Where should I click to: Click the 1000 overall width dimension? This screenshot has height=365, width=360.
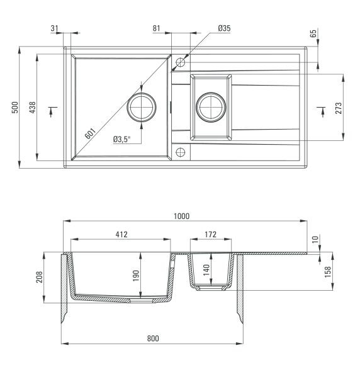(x=182, y=216)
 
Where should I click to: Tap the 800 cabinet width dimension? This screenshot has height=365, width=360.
(x=153, y=338)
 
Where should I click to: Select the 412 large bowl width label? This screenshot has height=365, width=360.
(x=121, y=234)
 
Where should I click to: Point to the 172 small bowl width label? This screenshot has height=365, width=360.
(x=210, y=234)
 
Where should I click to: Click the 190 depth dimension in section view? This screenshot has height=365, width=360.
(x=136, y=276)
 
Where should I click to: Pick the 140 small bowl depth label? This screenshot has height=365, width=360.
(x=206, y=270)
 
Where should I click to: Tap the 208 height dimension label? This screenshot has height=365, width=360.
(x=40, y=277)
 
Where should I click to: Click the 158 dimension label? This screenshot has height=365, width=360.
(x=327, y=272)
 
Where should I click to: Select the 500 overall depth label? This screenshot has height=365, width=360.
(x=15, y=108)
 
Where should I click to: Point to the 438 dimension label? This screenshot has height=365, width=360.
(x=33, y=108)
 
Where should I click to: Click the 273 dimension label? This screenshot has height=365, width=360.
(x=339, y=108)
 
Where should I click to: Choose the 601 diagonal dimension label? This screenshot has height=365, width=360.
(x=90, y=133)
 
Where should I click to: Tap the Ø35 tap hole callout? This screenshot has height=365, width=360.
(x=224, y=28)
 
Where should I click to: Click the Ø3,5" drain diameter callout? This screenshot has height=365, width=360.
(x=121, y=140)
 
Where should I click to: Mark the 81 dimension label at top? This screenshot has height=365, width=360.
(x=157, y=28)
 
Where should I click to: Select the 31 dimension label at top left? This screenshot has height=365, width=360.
(x=54, y=28)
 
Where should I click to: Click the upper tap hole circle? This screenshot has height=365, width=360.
(x=181, y=58)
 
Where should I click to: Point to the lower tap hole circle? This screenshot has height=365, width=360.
(x=181, y=148)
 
